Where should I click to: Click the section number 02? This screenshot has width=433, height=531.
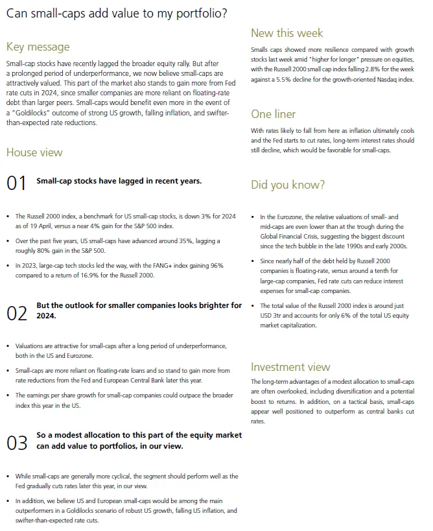tap(16, 313)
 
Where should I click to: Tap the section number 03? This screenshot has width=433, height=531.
tap(16, 443)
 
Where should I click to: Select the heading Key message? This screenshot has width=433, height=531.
tap(38, 47)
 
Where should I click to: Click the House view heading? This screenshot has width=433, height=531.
tap(34, 152)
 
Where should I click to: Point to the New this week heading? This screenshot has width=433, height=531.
tap(287, 33)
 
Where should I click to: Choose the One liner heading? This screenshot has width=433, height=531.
tap(274, 114)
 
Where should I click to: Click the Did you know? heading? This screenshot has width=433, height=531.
tap(288, 185)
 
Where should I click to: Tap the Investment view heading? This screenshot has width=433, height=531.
tap(290, 367)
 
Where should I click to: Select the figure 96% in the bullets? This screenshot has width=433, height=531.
tap(217, 265)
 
